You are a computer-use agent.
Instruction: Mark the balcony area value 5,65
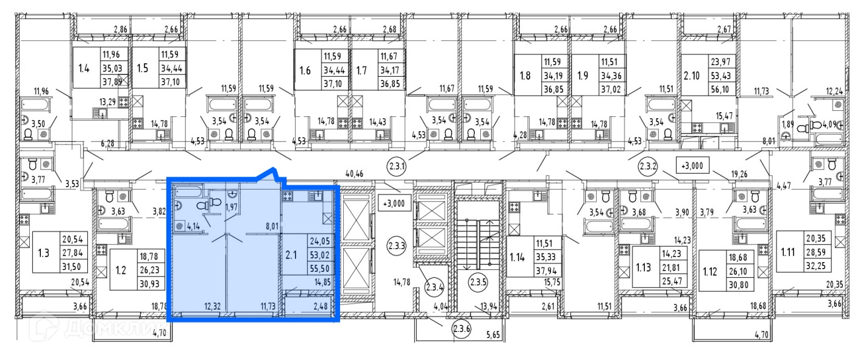(492, 334)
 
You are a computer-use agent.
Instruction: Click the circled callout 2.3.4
(435, 286)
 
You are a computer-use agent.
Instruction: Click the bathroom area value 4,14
(194, 227)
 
